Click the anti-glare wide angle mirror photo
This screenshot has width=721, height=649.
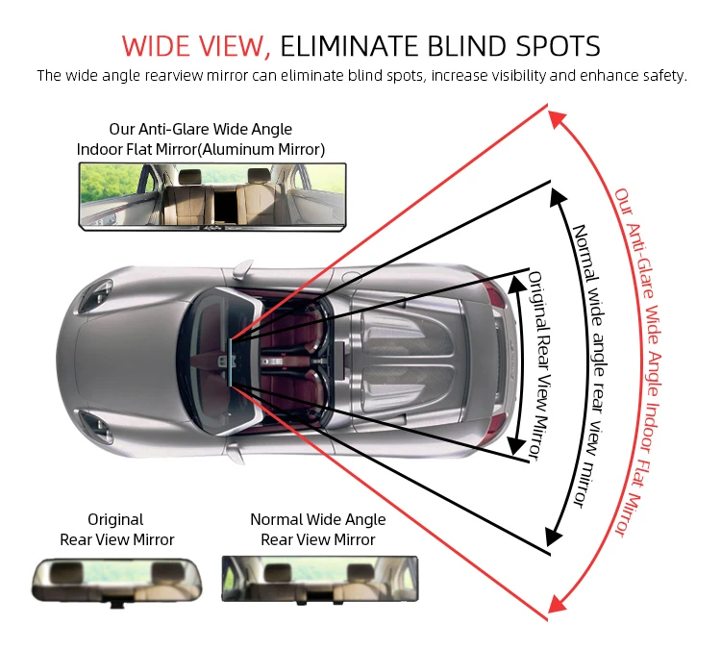click(x=212, y=195)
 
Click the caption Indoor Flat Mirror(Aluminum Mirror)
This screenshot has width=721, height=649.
click(x=200, y=149)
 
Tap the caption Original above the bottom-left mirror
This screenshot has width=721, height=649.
click(x=115, y=519)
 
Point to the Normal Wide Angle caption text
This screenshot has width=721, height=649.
click(x=317, y=519)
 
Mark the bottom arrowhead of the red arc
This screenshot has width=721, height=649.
click(x=555, y=604)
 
